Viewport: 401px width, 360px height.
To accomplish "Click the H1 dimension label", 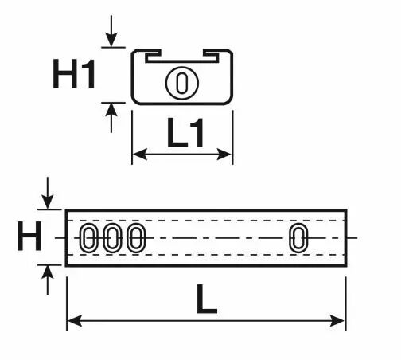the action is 74,74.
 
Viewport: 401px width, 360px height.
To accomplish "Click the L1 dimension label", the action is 185,133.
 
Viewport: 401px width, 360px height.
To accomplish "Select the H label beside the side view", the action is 29,237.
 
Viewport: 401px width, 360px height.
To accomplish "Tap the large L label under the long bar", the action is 207,299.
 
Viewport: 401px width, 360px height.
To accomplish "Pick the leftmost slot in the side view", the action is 88,238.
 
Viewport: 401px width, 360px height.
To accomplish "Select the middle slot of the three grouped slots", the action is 112,238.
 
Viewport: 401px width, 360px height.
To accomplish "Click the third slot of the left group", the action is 136,238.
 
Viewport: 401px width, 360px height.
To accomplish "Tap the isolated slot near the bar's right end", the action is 298,238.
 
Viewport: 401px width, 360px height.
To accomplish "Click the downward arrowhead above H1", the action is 111,40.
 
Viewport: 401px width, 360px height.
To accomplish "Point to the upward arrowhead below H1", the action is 111,110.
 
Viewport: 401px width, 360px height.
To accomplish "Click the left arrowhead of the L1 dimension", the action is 139,154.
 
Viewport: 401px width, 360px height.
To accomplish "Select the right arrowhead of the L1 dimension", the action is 224,154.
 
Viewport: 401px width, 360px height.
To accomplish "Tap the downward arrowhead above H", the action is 48,202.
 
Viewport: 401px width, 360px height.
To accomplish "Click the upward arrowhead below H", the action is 48,272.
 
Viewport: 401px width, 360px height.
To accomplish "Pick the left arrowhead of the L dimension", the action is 74,321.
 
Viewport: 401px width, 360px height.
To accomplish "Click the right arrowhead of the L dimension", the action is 337,321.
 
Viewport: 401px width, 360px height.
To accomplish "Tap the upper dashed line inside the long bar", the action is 206,221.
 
